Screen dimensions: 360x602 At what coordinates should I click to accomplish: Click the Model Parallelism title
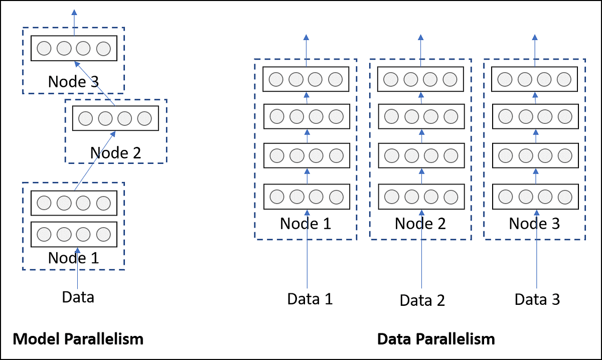[78, 339]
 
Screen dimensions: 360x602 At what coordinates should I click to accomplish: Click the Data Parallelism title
[435, 339]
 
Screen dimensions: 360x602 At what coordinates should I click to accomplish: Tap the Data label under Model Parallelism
[78, 297]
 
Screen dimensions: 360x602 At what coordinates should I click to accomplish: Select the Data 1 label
[310, 299]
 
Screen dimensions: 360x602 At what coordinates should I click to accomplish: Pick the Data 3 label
[537, 299]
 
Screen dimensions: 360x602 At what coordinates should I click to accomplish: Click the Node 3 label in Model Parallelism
[73, 82]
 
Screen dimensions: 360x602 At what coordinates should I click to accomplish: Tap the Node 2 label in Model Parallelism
[115, 152]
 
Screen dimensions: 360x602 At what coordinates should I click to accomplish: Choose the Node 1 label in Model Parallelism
[73, 258]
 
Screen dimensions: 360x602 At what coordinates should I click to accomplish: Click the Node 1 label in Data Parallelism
[306, 223]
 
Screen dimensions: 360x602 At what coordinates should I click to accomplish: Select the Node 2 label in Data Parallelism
[420, 223]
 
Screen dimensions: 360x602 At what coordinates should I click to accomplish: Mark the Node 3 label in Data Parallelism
[534, 223]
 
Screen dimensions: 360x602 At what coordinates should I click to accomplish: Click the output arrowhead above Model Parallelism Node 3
[74, 12]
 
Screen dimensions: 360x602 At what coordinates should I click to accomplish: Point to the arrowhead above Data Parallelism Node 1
[307, 38]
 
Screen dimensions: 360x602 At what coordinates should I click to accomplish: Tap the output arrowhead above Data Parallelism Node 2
[421, 38]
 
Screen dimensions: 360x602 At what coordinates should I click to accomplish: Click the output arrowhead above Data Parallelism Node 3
[535, 38]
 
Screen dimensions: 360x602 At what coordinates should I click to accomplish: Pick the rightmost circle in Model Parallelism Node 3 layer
[103, 49]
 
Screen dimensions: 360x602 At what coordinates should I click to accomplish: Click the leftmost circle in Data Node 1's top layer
[276, 79]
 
